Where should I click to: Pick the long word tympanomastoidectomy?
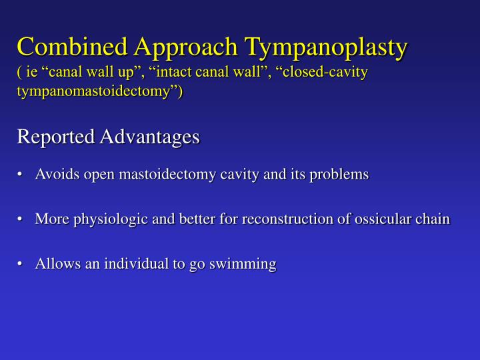pos(95,90)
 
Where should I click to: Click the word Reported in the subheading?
pos(55,137)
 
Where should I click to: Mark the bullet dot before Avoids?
pos(22,175)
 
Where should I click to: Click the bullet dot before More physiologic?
pos(22,219)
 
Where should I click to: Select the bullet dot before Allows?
pos(22,265)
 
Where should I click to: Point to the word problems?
pos(343,175)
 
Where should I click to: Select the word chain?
pos(433,219)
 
